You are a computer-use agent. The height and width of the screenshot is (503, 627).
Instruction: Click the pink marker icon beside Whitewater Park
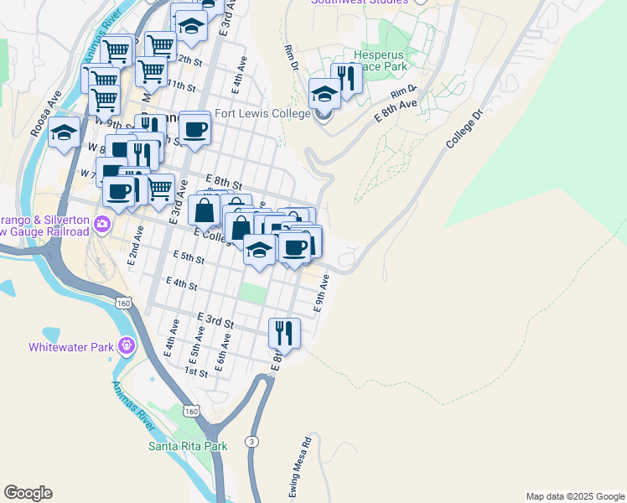(x=127, y=345)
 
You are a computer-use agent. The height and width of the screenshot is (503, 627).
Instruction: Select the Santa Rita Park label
(x=188, y=446)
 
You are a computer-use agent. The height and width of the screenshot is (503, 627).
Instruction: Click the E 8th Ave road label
(x=396, y=111)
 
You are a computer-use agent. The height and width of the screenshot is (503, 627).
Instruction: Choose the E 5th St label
(x=189, y=257)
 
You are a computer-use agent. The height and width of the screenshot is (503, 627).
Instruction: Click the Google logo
(x=28, y=493)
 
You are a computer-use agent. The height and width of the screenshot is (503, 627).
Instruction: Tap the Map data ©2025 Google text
(x=574, y=496)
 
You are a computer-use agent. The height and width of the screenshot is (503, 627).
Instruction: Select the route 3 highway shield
(x=251, y=441)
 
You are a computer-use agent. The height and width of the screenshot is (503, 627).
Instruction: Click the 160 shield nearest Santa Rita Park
(x=192, y=411)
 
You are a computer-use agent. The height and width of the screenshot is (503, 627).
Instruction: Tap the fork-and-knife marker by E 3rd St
(x=284, y=332)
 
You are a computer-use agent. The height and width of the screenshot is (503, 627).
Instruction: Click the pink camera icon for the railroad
(x=102, y=223)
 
